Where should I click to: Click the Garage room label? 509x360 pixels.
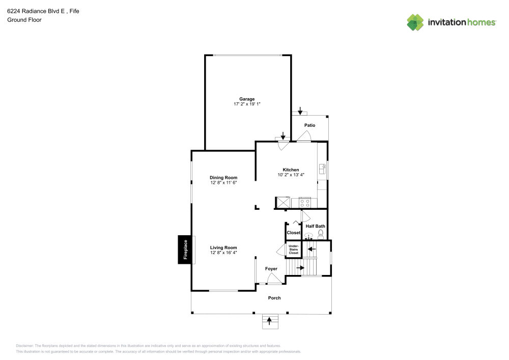pyautogui.click(x=247, y=99)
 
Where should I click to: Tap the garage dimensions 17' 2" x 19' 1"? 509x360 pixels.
pyautogui.click(x=247, y=104)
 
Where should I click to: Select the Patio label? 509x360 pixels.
pyautogui.click(x=309, y=125)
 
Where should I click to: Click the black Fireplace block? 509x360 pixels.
pyautogui.click(x=185, y=250)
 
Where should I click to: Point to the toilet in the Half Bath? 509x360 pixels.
pyautogui.click(x=321, y=234)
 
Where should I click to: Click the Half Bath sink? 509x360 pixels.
pyautogui.click(x=308, y=236)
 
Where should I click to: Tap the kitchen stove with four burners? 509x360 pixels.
pyautogui.click(x=305, y=203)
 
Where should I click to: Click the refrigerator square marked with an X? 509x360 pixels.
pyautogui.click(x=282, y=203)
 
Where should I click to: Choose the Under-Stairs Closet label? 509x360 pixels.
pyautogui.click(x=293, y=249)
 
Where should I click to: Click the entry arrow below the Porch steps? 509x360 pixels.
pyautogui.click(x=269, y=320)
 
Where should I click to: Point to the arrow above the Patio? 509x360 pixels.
pyautogui.click(x=300, y=110)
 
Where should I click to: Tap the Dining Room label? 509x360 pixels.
pyautogui.click(x=223, y=177)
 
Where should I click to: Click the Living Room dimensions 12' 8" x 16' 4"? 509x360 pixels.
pyautogui.click(x=223, y=253)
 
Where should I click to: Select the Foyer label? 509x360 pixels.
pyautogui.click(x=271, y=268)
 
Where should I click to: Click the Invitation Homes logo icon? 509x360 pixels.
pyautogui.click(x=415, y=22)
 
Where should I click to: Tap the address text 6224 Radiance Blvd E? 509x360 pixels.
pyautogui.click(x=36, y=11)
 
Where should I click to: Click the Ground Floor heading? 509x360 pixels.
pyautogui.click(x=24, y=20)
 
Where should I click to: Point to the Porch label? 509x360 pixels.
pyautogui.click(x=274, y=298)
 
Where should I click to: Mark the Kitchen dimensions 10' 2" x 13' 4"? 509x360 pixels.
pyautogui.click(x=291, y=175)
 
